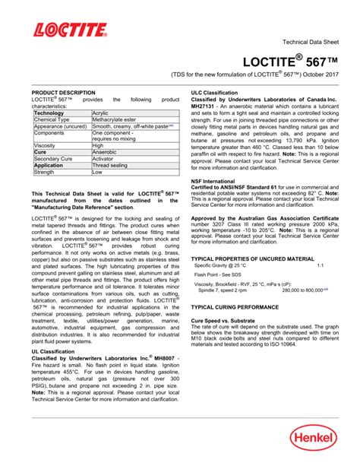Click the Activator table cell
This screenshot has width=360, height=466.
coord(104,159)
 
